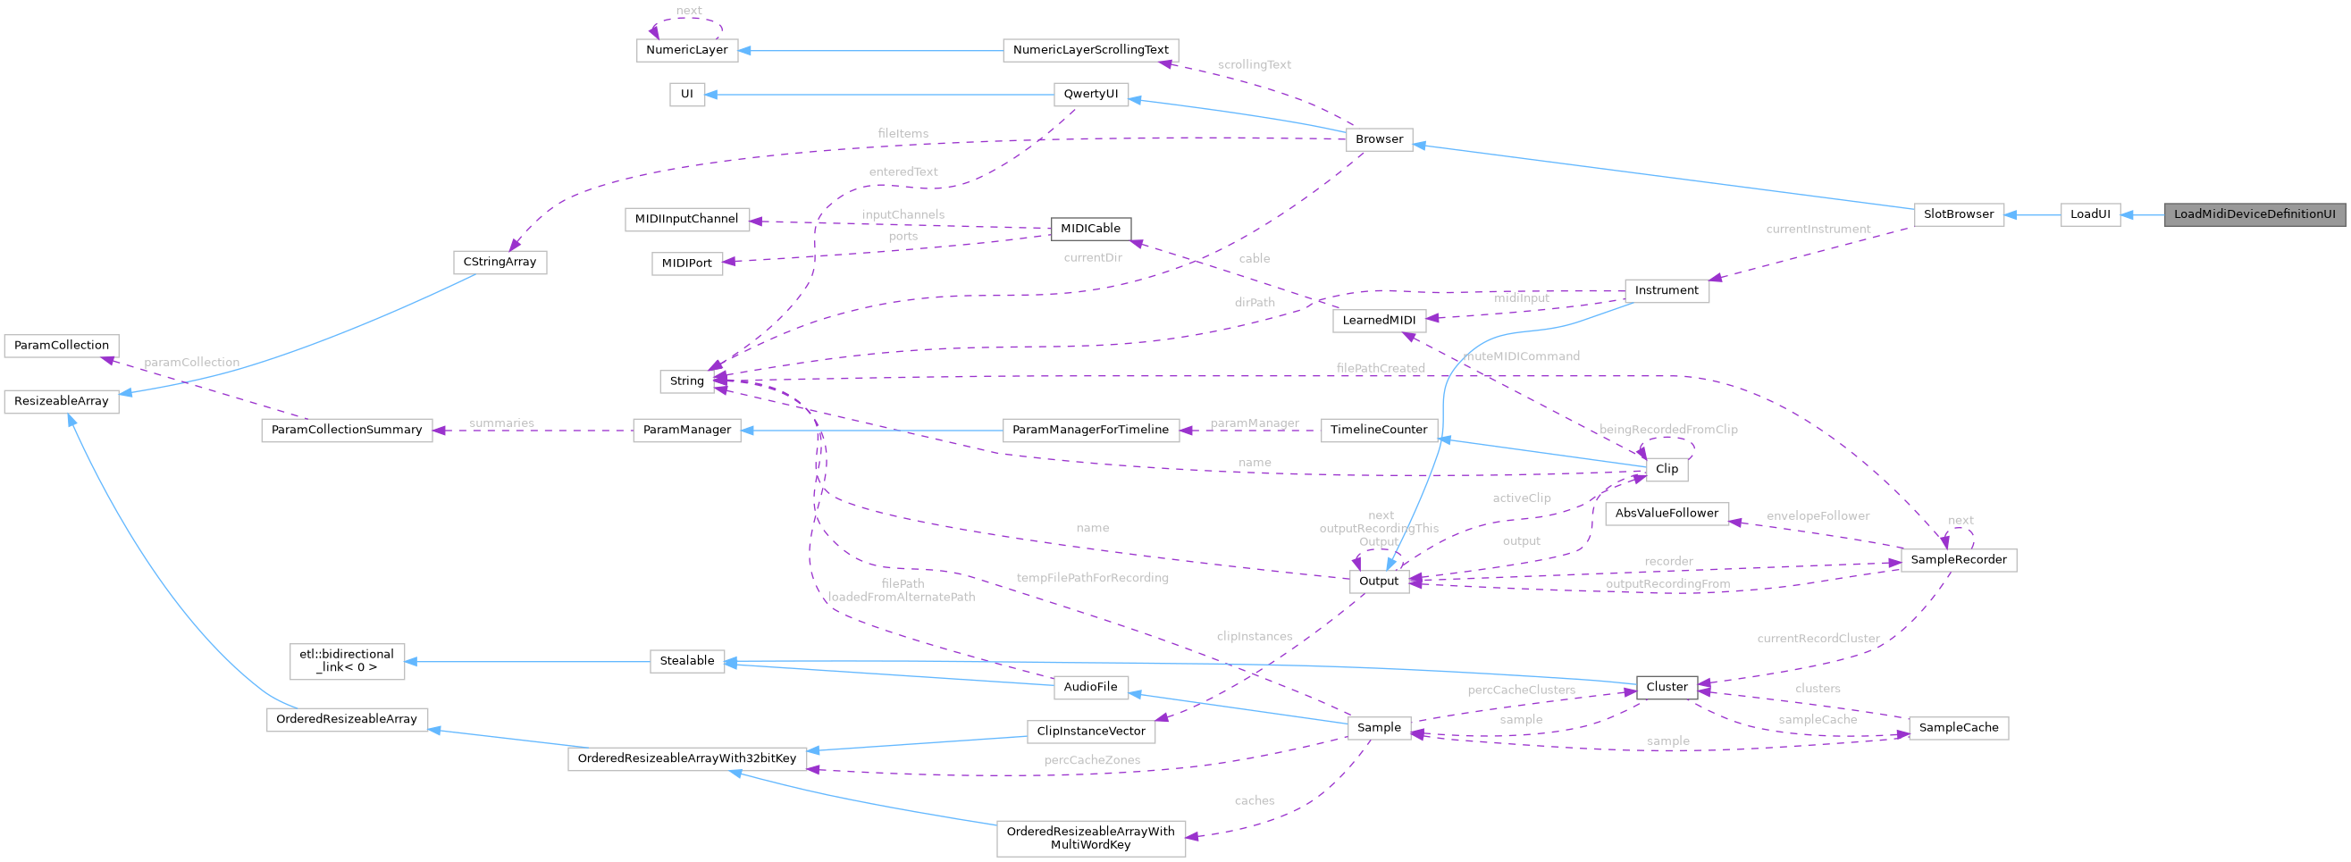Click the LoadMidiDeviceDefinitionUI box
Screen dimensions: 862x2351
(2253, 214)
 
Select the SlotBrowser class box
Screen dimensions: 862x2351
(1958, 214)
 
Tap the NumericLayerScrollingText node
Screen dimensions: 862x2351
(1089, 50)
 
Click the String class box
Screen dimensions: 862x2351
(686, 381)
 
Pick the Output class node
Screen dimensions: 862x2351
(1378, 581)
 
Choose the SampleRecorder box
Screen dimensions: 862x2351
(1958, 560)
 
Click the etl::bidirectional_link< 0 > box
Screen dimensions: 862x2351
(347, 661)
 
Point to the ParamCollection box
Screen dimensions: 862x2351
(61, 346)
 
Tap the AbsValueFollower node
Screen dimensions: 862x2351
(1667, 514)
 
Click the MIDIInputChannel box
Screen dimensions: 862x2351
(686, 219)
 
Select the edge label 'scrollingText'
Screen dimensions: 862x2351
(1254, 65)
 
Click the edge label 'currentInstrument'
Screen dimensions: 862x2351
(1818, 229)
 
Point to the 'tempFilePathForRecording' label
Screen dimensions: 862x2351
(1092, 577)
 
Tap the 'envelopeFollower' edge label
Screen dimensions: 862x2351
(1818, 516)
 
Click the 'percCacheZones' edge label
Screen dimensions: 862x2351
(1092, 760)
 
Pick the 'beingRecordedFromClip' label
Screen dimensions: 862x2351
(1667, 430)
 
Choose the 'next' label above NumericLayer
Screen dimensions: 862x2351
(688, 11)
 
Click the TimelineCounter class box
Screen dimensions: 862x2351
(1378, 430)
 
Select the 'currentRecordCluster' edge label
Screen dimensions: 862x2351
(1818, 639)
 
